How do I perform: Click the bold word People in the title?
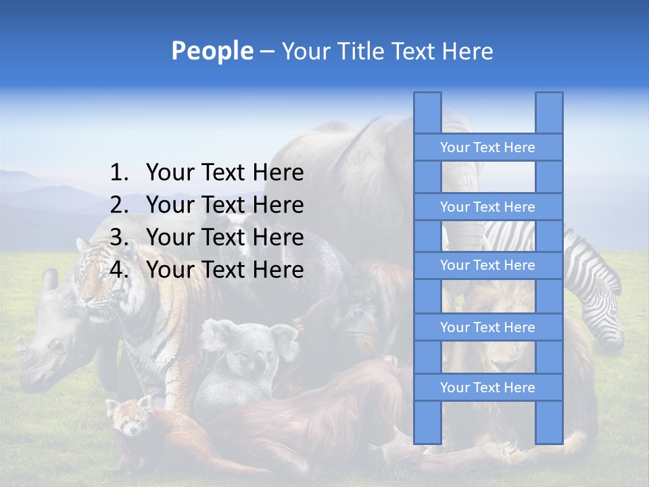pyautogui.click(x=212, y=51)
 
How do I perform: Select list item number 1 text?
pyautogui.click(x=224, y=173)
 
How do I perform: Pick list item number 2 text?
pyautogui.click(x=224, y=205)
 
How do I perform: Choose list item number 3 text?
pyautogui.click(x=224, y=237)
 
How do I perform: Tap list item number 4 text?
pyautogui.click(x=224, y=270)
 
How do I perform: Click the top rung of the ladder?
pyautogui.click(x=487, y=147)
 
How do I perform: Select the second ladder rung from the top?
pyautogui.click(x=487, y=207)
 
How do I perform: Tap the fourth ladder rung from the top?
pyautogui.click(x=487, y=327)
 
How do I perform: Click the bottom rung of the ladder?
pyautogui.click(x=487, y=388)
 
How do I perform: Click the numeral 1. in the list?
pyautogui.click(x=119, y=173)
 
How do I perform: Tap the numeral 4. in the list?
pyautogui.click(x=119, y=270)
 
